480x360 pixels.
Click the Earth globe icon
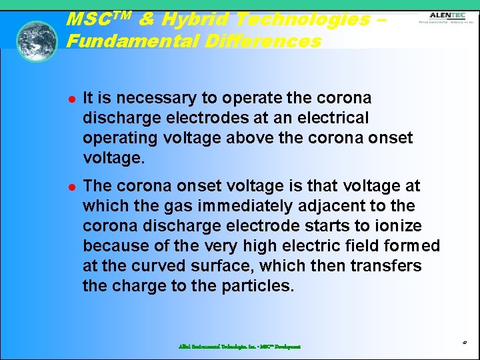click(37, 41)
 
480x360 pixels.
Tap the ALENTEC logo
click(447, 17)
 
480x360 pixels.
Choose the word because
click(113, 246)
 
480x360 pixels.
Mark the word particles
click(259, 286)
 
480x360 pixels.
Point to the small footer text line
click(239, 347)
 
